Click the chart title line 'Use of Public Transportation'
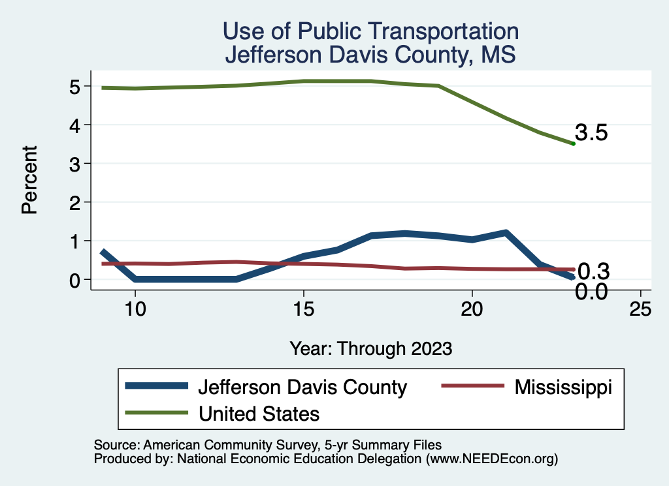(370, 31)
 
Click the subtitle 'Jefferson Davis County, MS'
(370, 54)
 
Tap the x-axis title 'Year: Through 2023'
(370, 348)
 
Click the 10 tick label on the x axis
(135, 310)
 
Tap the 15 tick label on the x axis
(303, 310)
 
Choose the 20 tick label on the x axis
(472, 310)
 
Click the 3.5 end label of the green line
(592, 133)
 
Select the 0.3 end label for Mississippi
(593, 271)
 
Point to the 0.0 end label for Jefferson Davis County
(592, 292)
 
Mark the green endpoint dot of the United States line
(573, 144)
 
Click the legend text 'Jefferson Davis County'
(302, 387)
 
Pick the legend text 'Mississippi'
(563, 387)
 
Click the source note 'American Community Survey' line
(268, 445)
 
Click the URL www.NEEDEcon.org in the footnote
(492, 459)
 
